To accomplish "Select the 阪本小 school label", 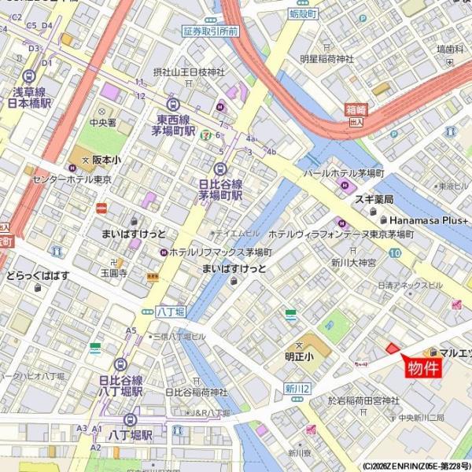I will pos(106,159).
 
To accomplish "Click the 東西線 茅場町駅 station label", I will pos(173,126).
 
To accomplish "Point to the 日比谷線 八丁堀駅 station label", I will pos(120,385).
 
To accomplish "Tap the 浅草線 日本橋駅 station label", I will pos(29,97).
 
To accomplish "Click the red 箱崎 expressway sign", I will pos(356,111).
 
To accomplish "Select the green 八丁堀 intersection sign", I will pos(169,312).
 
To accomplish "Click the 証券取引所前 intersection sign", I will pos(210,31).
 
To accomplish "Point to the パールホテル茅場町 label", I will pos(344,171).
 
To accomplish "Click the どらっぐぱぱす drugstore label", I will pos(38,275).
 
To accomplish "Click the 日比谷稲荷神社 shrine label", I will pos(197,392).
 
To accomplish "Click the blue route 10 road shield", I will pos(394,253).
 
